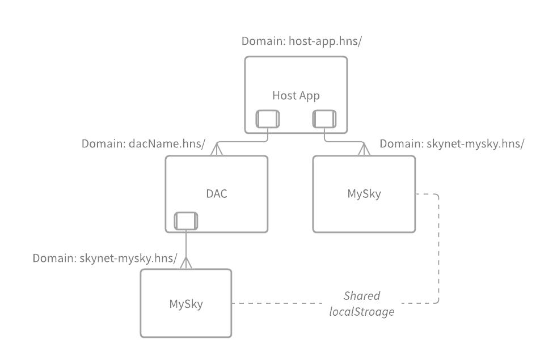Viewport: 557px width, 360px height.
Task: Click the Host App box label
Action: (296, 95)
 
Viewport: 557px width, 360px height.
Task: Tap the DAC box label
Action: (216, 193)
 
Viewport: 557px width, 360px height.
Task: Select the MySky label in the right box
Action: (364, 193)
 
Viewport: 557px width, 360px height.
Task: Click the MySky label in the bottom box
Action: (186, 303)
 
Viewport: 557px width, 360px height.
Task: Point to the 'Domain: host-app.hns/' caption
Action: (301, 41)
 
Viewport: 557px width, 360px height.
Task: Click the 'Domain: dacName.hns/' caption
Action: (143, 143)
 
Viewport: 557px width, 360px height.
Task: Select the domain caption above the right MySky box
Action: (451, 143)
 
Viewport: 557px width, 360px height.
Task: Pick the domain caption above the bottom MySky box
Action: (105, 259)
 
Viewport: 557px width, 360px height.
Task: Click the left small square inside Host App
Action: (267, 118)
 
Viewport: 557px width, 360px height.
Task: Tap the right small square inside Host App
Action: (324, 118)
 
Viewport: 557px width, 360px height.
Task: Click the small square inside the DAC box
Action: (185, 221)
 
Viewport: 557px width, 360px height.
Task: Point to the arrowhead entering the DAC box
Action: (216, 149)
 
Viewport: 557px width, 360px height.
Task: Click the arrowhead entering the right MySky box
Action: (364, 149)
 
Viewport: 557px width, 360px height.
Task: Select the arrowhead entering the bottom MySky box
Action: (185, 262)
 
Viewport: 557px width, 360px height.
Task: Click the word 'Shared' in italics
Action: (362, 295)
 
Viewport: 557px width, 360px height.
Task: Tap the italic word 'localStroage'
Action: (362, 311)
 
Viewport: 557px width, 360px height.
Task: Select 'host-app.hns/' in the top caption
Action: (325, 41)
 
